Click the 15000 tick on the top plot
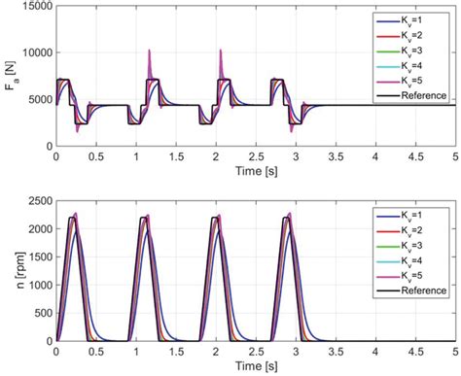pyautogui.click(x=33, y=8)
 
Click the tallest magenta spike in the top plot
pyautogui.click(x=149, y=51)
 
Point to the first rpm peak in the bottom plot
pyautogui.click(x=75, y=216)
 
